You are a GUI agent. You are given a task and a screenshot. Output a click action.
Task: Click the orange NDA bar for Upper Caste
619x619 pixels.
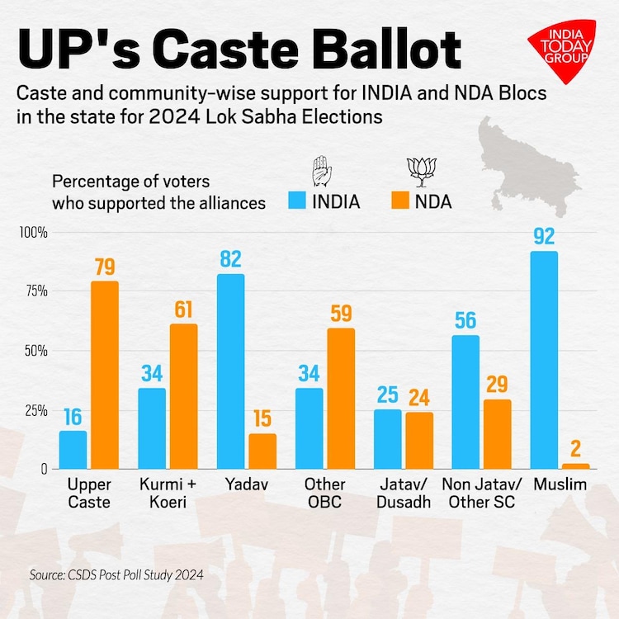click(x=104, y=375)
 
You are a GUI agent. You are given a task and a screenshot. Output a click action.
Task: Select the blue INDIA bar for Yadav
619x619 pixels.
click(x=230, y=371)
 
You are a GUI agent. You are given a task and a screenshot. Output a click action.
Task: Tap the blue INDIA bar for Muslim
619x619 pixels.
click(x=544, y=360)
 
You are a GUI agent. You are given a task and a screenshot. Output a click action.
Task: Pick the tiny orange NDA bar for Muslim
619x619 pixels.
click(x=575, y=465)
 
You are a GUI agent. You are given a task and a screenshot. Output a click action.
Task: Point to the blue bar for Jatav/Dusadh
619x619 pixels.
click(x=387, y=439)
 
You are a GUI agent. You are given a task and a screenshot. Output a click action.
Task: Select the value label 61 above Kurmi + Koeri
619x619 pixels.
click(x=183, y=309)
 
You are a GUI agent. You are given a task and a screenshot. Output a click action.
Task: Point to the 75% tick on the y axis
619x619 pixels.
click(x=35, y=291)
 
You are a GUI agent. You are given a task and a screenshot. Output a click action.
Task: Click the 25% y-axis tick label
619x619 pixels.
click(x=35, y=410)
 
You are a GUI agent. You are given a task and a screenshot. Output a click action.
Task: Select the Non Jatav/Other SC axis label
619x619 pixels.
click(x=481, y=494)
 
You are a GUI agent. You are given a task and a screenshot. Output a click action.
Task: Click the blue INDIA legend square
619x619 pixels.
click(x=298, y=201)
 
